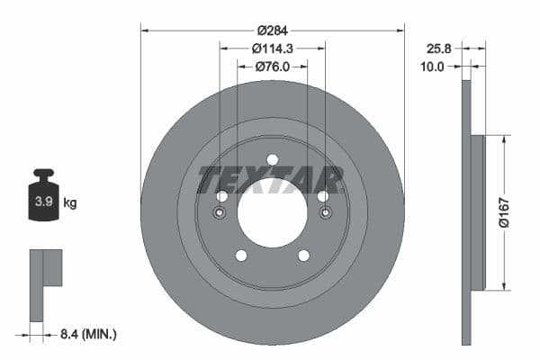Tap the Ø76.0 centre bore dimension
[x=273, y=65]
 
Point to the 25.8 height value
[x=440, y=48]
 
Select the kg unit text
[x=70, y=203]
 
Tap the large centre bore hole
[x=273, y=212]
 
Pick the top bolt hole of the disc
[x=273, y=160]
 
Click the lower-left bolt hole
[x=241, y=256]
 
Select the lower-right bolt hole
[x=303, y=256]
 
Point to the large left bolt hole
[x=221, y=196]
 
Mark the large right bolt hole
[x=323, y=196]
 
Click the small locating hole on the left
[x=220, y=213]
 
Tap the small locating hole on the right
[x=325, y=213]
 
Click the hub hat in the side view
[x=477, y=212]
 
